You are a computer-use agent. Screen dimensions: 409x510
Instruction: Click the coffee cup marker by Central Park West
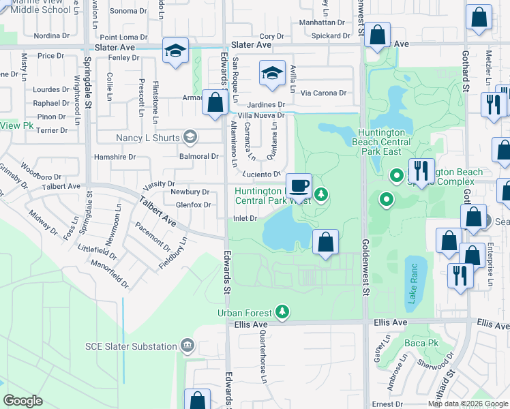tap(298, 185)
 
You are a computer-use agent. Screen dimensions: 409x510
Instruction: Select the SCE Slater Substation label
tap(131, 346)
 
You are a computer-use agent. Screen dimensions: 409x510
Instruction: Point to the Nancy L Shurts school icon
tap(190, 138)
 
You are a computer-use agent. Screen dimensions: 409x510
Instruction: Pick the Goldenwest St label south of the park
tap(366, 272)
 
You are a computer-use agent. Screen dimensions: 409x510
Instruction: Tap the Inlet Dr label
tap(245, 218)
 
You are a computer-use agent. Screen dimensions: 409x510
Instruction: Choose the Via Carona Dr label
tap(324, 93)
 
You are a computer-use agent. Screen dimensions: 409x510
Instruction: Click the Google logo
tap(22, 401)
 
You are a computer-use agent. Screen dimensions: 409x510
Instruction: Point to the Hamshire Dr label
tap(117, 157)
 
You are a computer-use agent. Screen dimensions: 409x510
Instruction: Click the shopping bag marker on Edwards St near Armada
tap(215, 104)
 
